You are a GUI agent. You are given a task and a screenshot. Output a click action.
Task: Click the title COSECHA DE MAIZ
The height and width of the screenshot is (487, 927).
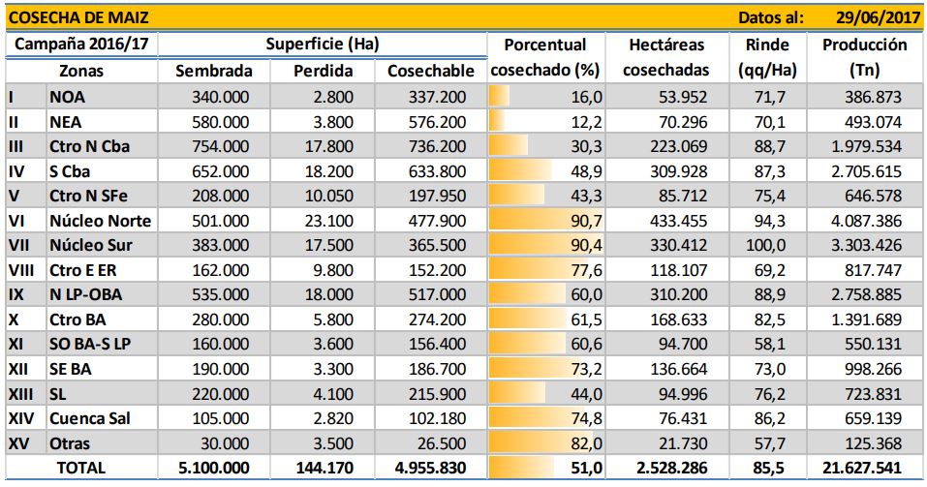pyautogui.click(x=78, y=17)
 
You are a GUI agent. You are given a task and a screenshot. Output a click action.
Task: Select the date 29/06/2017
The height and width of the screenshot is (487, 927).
pyautogui.click(x=878, y=17)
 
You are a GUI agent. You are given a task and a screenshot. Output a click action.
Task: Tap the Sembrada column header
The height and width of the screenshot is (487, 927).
pyautogui.click(x=214, y=71)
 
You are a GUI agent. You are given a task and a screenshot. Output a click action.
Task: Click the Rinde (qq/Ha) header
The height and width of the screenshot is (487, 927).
pyautogui.click(x=767, y=57)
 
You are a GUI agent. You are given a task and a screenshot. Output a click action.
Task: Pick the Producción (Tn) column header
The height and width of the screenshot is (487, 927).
pyautogui.click(x=865, y=57)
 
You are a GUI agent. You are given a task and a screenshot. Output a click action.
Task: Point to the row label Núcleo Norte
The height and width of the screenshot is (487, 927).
pyautogui.click(x=101, y=221)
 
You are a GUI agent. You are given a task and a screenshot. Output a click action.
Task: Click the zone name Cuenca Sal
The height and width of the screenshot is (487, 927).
pyautogui.click(x=90, y=418)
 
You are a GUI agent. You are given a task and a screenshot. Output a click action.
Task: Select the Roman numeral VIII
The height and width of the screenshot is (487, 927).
pyautogui.click(x=20, y=270)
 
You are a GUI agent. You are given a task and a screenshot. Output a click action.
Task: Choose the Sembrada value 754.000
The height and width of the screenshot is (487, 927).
pyautogui.click(x=221, y=146)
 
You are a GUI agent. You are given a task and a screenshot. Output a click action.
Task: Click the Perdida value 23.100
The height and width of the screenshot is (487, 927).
pyautogui.click(x=328, y=221)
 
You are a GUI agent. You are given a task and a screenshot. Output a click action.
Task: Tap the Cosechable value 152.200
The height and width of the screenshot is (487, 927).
pyautogui.click(x=437, y=270)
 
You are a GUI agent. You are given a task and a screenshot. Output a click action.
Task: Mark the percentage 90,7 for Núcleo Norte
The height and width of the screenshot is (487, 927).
pyautogui.click(x=586, y=221)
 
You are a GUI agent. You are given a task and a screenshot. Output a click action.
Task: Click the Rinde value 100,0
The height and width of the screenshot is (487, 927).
pyautogui.click(x=767, y=245)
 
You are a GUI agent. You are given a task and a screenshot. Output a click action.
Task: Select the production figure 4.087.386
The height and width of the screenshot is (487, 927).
pyautogui.click(x=867, y=221)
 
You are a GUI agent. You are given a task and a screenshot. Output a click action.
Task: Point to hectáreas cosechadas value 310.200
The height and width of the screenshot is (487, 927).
pyautogui.click(x=678, y=294)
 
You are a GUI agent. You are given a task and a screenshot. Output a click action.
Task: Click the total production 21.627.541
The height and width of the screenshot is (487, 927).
pyautogui.click(x=862, y=468)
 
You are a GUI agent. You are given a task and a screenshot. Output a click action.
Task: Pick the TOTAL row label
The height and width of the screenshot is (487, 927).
pyautogui.click(x=81, y=468)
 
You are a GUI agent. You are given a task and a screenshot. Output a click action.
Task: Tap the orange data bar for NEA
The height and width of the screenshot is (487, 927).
pyautogui.click(x=497, y=122)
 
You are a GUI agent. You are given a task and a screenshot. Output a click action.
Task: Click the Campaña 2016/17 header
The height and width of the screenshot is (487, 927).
pyautogui.click(x=81, y=45)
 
